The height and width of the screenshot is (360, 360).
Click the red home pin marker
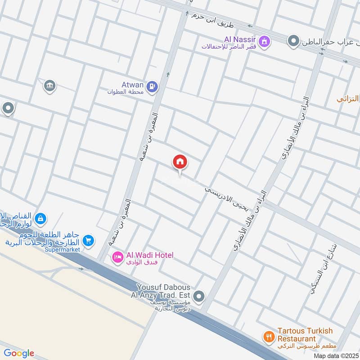180,162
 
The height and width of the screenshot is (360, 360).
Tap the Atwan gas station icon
153,85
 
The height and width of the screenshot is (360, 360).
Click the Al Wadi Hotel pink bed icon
117,257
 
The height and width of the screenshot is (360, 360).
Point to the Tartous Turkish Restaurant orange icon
269,336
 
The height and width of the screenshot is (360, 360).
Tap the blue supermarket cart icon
88,241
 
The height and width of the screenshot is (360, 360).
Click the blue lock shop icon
40,219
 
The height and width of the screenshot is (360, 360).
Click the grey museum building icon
49,85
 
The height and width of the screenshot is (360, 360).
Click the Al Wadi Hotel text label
149,255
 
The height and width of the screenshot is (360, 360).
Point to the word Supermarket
62,249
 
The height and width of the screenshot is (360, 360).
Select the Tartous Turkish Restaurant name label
305,334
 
